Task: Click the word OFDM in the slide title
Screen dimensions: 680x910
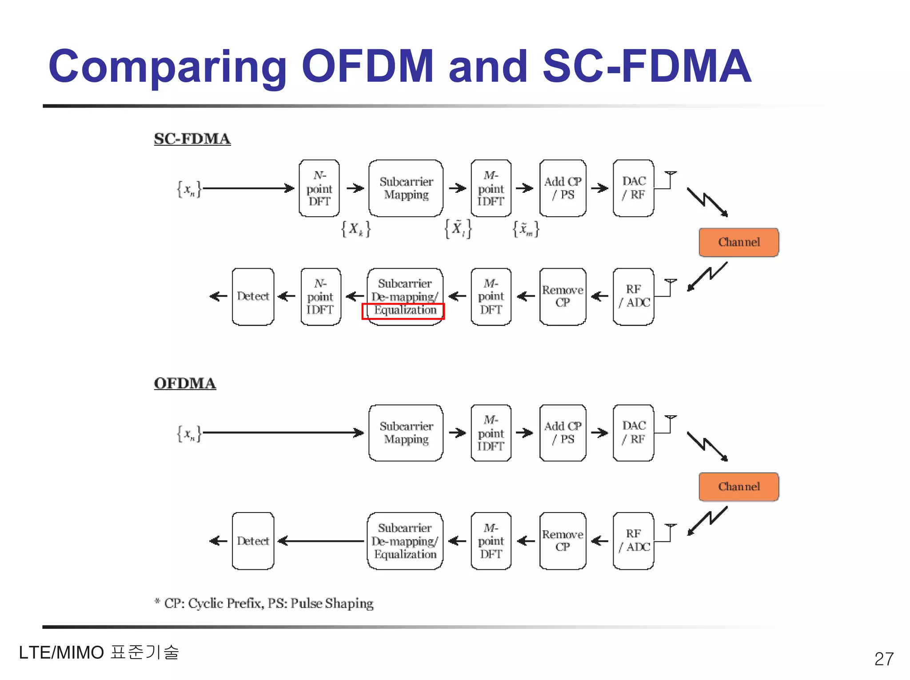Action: (x=367, y=66)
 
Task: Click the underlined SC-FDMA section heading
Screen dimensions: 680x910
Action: (x=192, y=139)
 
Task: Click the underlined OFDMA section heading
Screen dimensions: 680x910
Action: (x=185, y=383)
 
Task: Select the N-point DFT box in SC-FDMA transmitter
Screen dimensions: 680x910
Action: (x=319, y=188)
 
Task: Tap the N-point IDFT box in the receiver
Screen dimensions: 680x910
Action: (x=320, y=297)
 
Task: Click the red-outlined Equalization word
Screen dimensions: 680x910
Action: (x=403, y=310)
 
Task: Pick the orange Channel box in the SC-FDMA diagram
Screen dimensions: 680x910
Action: (x=738, y=243)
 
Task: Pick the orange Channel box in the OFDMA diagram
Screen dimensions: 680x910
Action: (x=738, y=487)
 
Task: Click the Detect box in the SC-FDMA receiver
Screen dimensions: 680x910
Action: (x=253, y=297)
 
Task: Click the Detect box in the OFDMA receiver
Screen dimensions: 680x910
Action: (x=253, y=541)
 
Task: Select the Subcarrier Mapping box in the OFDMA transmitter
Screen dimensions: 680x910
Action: (x=406, y=433)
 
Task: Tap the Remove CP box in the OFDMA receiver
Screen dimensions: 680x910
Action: (x=563, y=541)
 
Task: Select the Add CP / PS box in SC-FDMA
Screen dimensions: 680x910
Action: (x=563, y=188)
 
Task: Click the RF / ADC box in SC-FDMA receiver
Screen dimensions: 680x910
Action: (x=633, y=297)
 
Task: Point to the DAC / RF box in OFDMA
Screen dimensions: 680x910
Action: (x=633, y=433)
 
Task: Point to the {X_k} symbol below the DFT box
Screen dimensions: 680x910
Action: (x=355, y=229)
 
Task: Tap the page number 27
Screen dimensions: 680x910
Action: (x=883, y=659)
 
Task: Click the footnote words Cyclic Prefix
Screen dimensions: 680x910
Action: (x=226, y=603)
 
